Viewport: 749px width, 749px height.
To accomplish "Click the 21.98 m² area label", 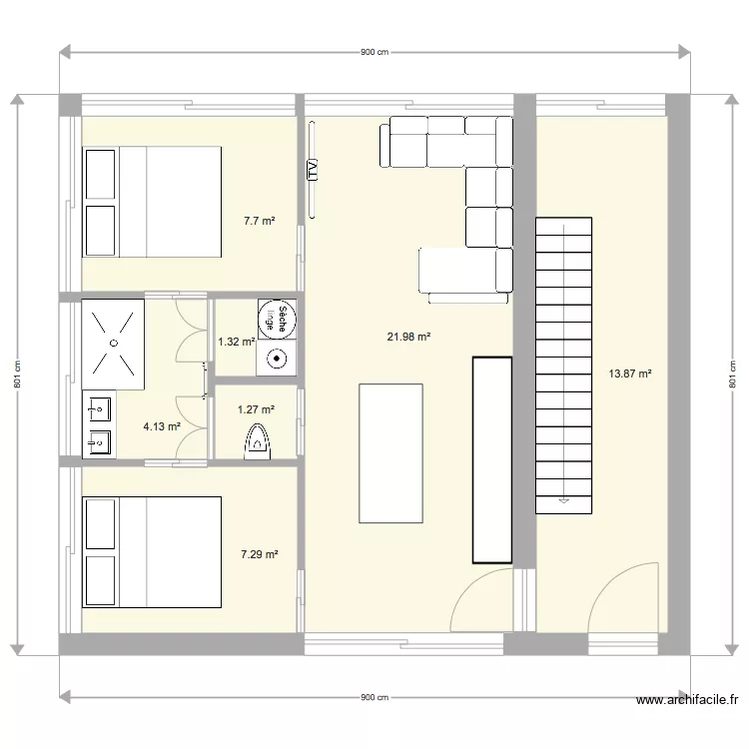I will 408,338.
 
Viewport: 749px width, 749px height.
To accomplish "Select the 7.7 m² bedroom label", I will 259,221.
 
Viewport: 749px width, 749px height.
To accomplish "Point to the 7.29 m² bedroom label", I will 259,553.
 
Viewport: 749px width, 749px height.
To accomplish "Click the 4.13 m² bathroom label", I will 162,426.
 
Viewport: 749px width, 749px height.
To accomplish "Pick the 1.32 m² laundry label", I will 236,342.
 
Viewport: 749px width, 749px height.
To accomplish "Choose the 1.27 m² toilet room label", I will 255,407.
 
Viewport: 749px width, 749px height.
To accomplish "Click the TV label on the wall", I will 313,170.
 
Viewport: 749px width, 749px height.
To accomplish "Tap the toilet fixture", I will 258,439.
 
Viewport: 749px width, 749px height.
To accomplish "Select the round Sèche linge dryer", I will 277,319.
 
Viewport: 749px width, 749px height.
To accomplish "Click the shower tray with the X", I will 114,341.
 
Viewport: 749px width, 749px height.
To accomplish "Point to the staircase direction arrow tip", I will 564,502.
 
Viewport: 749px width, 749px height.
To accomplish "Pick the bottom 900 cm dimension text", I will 374,697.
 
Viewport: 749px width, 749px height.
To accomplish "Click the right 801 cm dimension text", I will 732,374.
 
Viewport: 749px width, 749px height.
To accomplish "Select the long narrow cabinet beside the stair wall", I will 491,459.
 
